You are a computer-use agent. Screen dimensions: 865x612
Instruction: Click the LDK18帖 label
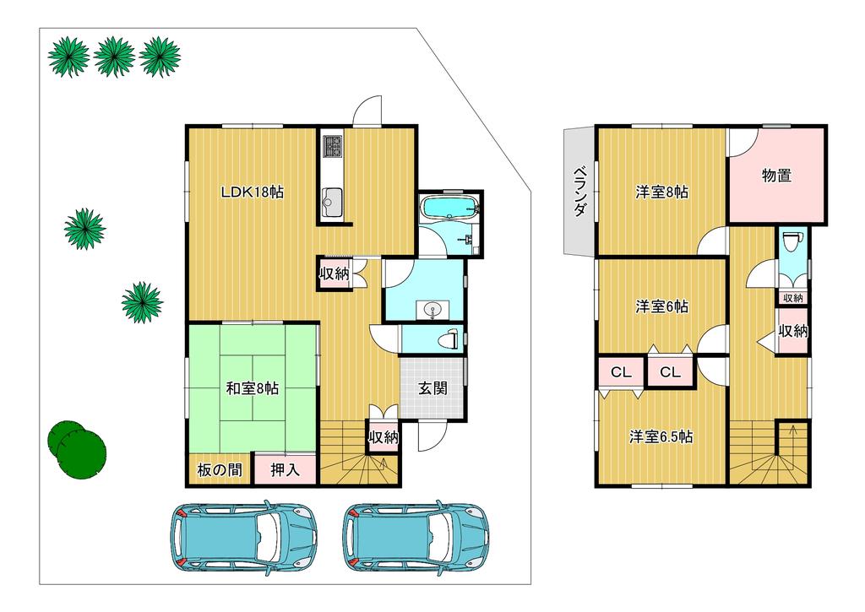click(252, 192)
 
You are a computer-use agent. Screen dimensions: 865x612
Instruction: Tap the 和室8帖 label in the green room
click(252, 388)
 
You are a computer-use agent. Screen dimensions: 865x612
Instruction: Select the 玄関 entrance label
click(432, 388)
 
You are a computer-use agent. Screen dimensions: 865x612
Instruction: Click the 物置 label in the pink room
click(777, 176)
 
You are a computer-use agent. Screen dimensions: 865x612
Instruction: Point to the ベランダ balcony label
click(579, 191)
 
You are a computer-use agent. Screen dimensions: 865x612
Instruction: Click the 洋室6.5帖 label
click(661, 437)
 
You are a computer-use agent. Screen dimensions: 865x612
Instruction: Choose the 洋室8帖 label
click(661, 192)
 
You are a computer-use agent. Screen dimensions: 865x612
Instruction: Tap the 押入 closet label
click(286, 469)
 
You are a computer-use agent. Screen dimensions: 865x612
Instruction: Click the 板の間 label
click(220, 469)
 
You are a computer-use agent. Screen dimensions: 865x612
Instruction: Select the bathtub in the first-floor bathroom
click(450, 209)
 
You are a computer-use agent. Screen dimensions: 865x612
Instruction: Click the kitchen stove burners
click(333, 145)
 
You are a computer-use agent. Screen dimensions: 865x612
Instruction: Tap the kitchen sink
click(332, 198)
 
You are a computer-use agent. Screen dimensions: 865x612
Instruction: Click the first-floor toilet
click(449, 339)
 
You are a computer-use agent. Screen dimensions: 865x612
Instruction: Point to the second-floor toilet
click(792, 241)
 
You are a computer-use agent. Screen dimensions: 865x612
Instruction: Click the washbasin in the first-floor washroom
click(432, 311)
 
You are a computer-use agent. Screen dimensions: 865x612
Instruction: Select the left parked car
click(244, 537)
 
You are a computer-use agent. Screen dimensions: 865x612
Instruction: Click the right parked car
click(416, 537)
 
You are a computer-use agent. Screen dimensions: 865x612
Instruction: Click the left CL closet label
click(621, 373)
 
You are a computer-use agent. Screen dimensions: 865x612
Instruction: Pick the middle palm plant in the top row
click(114, 57)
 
